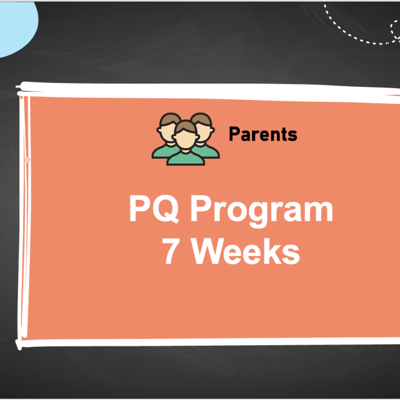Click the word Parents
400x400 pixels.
(x=263, y=134)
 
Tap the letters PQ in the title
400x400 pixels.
(x=155, y=210)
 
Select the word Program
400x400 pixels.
(x=261, y=211)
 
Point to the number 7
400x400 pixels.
(x=170, y=251)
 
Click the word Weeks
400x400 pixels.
(x=246, y=251)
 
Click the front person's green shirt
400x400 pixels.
(x=185, y=158)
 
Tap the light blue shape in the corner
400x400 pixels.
(x=14, y=26)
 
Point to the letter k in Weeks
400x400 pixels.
(x=273, y=251)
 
